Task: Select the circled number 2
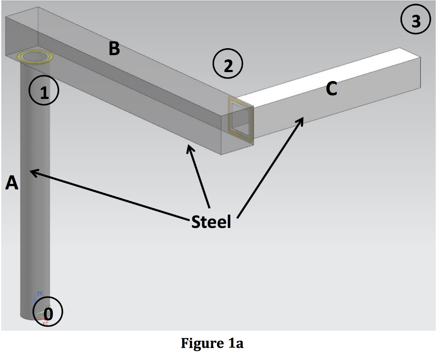point(228,65)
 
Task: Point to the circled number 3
point(416,20)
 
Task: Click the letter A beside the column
point(12,183)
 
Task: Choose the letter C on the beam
point(331,89)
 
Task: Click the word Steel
point(211,222)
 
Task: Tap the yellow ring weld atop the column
point(35,57)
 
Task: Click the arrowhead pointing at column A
point(32,171)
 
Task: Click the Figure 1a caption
point(212,343)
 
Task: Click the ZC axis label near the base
point(40,293)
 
